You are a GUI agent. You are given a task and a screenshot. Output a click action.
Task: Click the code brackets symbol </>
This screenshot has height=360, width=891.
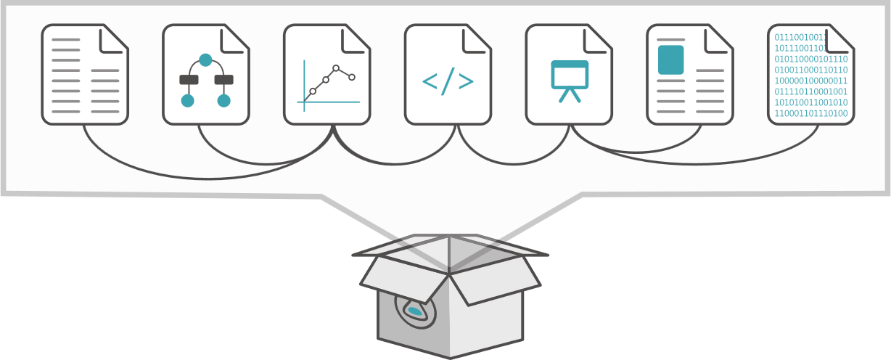[x=448, y=81]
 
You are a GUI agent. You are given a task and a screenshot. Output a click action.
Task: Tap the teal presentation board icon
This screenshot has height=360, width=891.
[x=570, y=75]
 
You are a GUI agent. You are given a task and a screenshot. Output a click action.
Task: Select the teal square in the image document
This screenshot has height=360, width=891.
[x=670, y=60]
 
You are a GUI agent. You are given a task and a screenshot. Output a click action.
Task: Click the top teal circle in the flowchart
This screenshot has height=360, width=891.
[x=205, y=60]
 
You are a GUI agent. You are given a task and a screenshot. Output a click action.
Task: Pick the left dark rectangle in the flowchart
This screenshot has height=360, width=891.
[x=189, y=80]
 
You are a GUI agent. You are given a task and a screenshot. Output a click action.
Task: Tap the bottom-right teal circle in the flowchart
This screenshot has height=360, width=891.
[x=223, y=101]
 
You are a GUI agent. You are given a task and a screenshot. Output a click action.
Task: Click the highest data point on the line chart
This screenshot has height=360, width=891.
[x=336, y=68]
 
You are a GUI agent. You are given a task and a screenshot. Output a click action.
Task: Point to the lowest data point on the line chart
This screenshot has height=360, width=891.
[x=313, y=91]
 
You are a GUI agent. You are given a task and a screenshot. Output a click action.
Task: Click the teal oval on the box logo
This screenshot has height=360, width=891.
[x=414, y=311]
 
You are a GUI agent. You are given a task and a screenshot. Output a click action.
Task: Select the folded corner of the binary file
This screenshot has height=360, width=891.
[x=839, y=39]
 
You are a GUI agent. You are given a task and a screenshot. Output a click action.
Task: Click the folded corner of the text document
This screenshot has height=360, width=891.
[x=112, y=39]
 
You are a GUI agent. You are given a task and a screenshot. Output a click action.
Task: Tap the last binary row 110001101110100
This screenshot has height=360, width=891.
[x=810, y=113]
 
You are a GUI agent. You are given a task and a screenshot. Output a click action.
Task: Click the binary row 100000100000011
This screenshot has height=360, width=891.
[x=810, y=81]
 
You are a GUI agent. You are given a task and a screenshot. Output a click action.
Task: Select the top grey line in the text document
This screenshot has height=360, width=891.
[x=66, y=40]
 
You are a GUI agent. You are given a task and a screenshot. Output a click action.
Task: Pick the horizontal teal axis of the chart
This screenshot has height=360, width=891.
[x=329, y=102]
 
